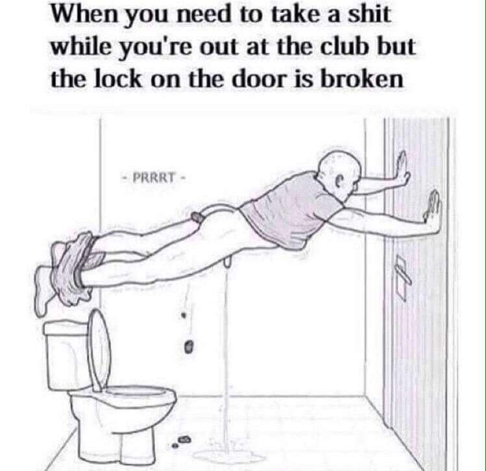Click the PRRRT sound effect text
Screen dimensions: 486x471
point(153,178)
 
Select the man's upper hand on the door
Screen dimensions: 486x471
point(402,169)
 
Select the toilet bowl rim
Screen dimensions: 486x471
point(123,396)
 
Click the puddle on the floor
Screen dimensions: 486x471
point(229,455)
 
